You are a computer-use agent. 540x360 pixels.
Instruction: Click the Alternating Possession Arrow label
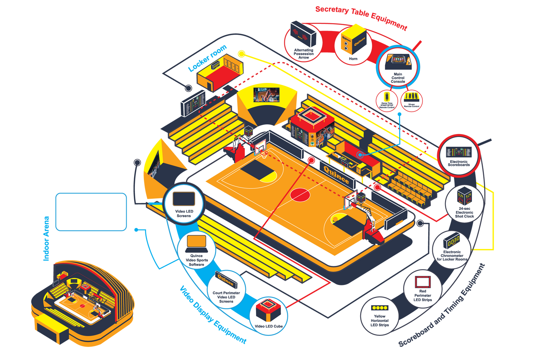(x=303, y=54)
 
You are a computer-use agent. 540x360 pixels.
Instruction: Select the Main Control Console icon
(x=398, y=61)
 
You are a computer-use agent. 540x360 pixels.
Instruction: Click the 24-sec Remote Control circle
(x=411, y=100)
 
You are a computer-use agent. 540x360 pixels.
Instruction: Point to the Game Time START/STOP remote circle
(x=387, y=100)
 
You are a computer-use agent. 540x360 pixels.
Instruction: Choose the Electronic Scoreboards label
(x=459, y=163)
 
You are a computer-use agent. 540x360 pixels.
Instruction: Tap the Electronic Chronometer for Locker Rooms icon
(x=452, y=240)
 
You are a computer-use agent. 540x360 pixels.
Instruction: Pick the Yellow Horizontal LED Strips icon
(x=380, y=308)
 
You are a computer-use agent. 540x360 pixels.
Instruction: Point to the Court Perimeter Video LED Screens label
(x=226, y=297)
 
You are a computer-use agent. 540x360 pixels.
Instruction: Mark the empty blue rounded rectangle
(x=91, y=212)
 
